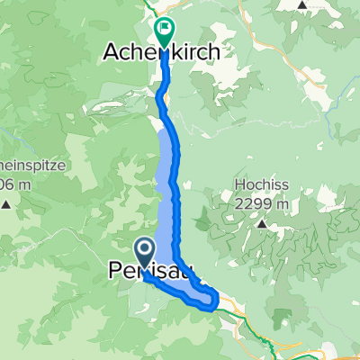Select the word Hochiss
click(256, 187)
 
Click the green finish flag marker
click(164, 31)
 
